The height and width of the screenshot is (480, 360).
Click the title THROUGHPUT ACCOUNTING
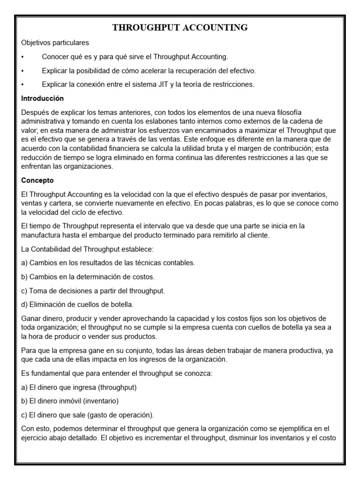coord(180,28)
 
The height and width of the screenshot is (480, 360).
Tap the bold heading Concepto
coord(37,180)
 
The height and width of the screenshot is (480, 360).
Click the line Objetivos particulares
coord(55,43)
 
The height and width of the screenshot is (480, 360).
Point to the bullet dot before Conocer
coord(23,57)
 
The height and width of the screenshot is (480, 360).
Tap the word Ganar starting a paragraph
coord(32,319)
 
